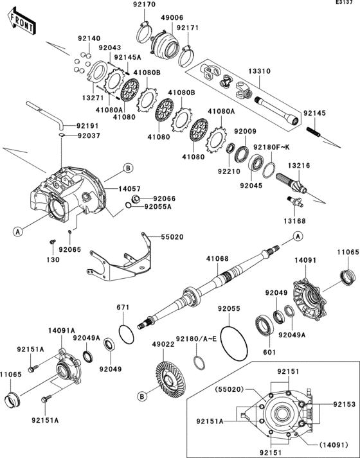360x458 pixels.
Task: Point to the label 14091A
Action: pyautogui.click(x=61, y=330)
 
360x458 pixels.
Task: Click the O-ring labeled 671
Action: pyautogui.click(x=127, y=334)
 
